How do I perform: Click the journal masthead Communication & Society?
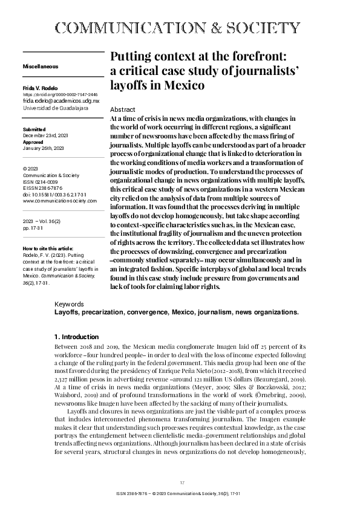tap(177, 28)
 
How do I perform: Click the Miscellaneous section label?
tap(40, 65)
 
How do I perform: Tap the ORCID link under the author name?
tap(60, 95)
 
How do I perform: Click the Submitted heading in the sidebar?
tap(33, 130)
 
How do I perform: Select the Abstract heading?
tap(123, 109)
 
